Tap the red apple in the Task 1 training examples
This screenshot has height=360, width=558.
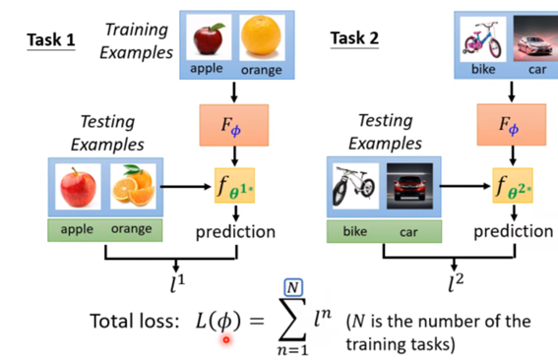[x=209, y=39]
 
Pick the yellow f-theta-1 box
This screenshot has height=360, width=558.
[x=236, y=184]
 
